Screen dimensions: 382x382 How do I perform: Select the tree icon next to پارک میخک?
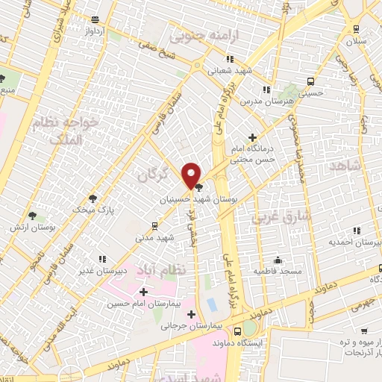pos(93,198)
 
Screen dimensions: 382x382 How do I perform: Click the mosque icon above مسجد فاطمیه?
pos(278,260)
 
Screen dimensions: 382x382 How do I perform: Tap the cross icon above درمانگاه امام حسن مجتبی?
pos(254,138)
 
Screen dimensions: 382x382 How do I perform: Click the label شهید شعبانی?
pos(230,71)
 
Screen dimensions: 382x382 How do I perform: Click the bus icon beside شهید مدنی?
pos(154,225)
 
